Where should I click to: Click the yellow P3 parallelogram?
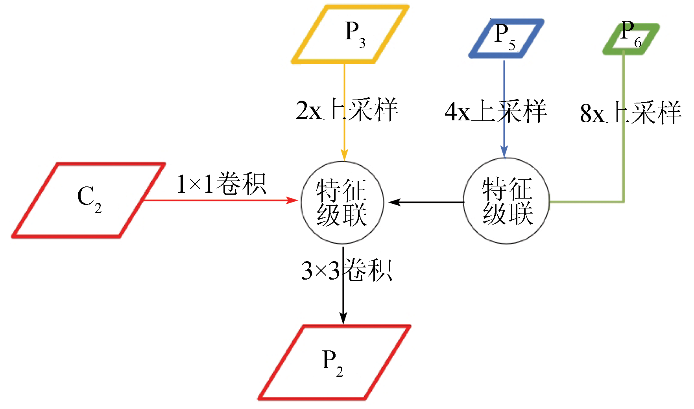[x=350, y=34]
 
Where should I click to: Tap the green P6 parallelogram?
[x=631, y=39]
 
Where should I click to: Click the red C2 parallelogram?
[x=89, y=200]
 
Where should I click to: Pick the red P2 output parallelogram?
[x=334, y=363]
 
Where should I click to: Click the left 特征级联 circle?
[x=342, y=202]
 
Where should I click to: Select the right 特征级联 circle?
[x=507, y=201]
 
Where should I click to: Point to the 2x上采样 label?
[x=347, y=110]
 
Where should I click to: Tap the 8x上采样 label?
[x=631, y=113]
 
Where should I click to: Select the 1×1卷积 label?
[x=221, y=184]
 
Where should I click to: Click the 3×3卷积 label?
[x=347, y=271]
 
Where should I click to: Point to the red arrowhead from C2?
[x=293, y=201]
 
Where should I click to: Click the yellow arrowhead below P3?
[x=344, y=155]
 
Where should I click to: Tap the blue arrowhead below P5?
[x=504, y=152]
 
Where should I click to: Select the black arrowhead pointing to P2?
[x=343, y=319]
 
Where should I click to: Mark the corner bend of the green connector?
[x=623, y=202]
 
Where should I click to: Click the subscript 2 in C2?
[x=98, y=208]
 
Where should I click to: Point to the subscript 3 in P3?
[x=362, y=43]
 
